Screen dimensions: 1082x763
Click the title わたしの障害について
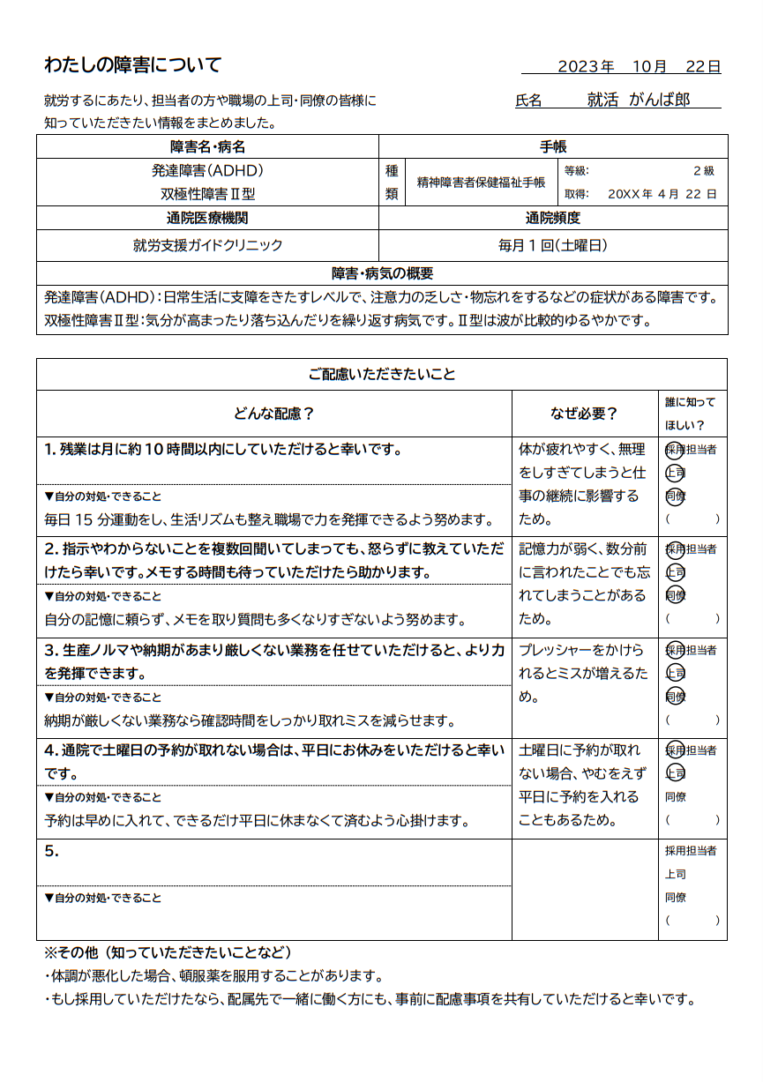point(132,65)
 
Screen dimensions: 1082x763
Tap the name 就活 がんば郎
point(639,101)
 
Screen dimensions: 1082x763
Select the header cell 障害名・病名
point(207,146)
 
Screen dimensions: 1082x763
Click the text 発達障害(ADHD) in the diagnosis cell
point(207,170)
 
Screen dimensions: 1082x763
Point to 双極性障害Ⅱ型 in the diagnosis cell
point(207,194)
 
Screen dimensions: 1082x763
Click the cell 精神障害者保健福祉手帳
point(481,183)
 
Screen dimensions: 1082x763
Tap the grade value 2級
point(703,171)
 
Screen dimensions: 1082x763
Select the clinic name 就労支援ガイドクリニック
point(207,245)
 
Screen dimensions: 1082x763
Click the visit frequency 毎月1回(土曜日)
point(553,245)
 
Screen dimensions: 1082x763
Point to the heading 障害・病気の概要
point(382,273)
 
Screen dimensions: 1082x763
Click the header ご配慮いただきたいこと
point(382,375)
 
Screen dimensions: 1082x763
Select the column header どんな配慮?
point(273,414)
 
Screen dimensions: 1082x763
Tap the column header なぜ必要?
point(585,414)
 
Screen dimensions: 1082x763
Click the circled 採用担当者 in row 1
point(691,450)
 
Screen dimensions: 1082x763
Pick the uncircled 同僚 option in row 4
point(676,797)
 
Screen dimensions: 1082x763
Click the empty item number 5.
point(51,852)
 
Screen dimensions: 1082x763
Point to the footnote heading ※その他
point(168,953)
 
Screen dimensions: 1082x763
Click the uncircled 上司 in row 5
point(676,875)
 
